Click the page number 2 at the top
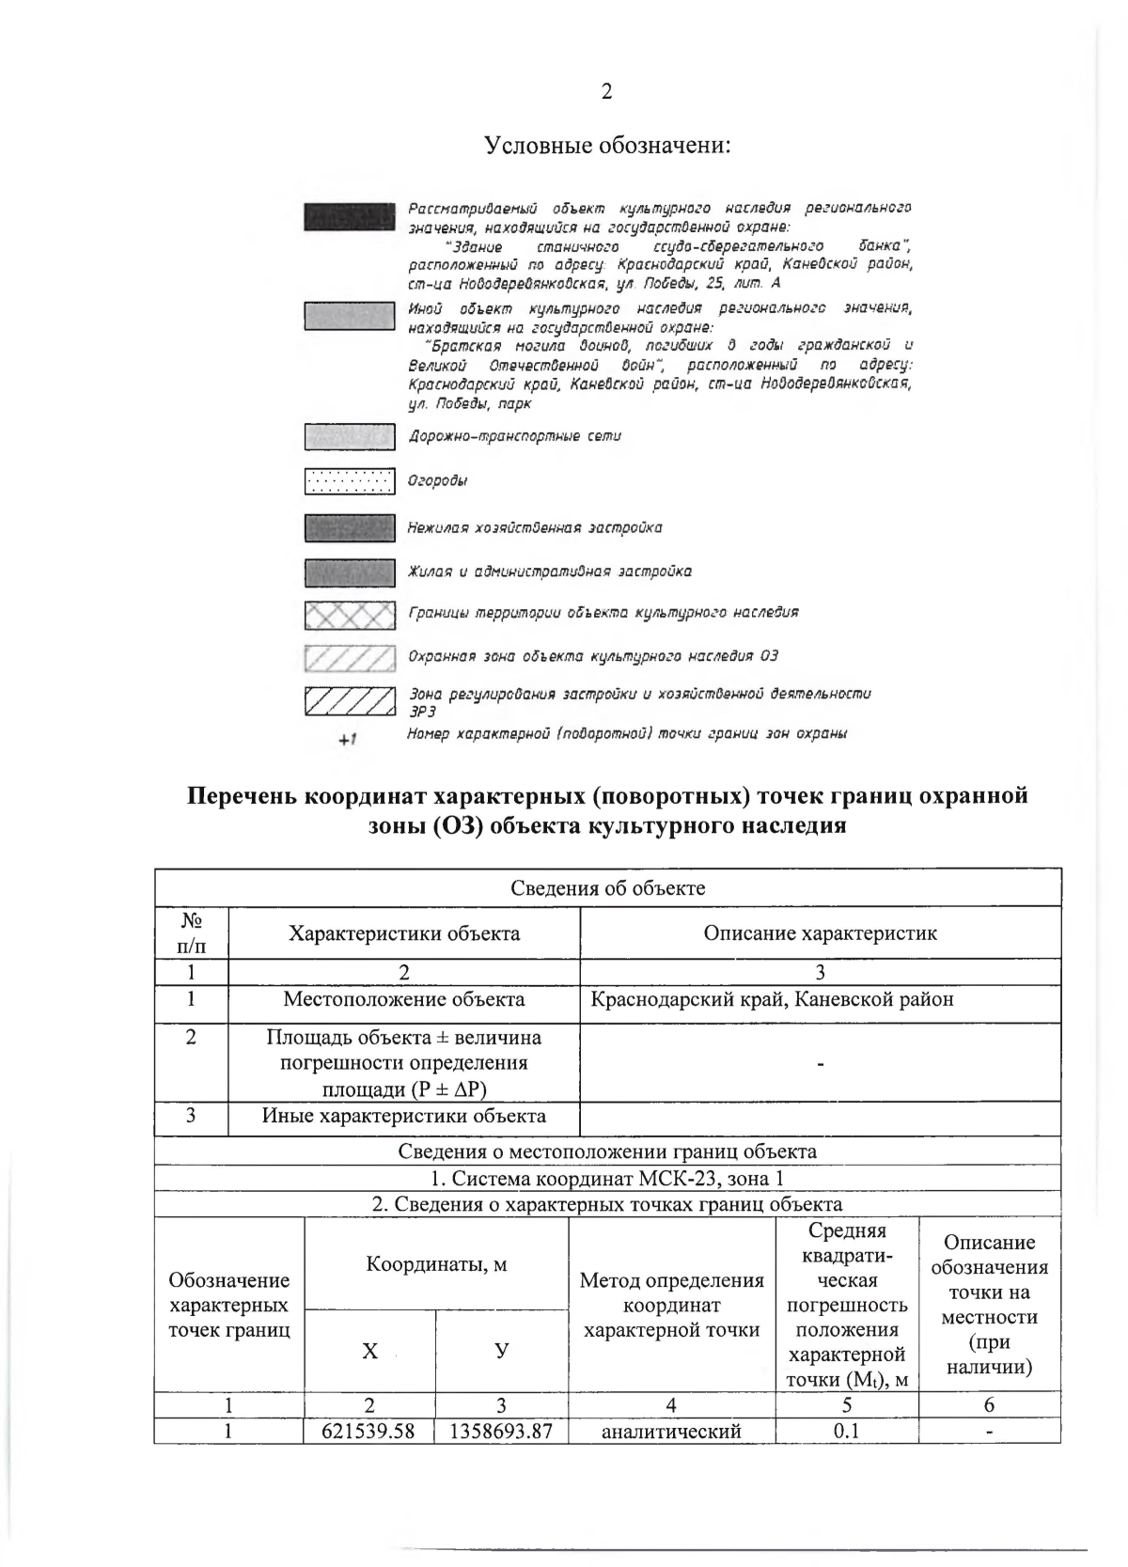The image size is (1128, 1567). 606,91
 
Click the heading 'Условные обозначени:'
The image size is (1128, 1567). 607,146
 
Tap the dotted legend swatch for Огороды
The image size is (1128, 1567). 349,481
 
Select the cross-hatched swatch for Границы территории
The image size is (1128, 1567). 349,615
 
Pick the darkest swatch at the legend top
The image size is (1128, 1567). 349,215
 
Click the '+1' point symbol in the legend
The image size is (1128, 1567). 348,740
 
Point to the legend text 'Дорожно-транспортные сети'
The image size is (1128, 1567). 514,436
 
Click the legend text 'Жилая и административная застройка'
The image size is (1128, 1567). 549,571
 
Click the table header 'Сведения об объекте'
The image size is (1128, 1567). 607,888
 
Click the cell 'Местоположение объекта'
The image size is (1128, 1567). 404,999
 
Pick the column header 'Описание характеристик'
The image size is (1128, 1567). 820,932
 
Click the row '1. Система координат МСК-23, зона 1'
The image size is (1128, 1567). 607,1179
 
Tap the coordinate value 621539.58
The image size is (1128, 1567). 368,1431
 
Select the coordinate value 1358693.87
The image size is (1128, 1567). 501,1431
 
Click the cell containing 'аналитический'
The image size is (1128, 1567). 671,1431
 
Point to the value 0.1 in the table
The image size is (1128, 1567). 846,1431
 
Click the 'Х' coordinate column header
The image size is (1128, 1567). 369,1351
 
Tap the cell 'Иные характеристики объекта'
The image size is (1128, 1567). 404,1116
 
